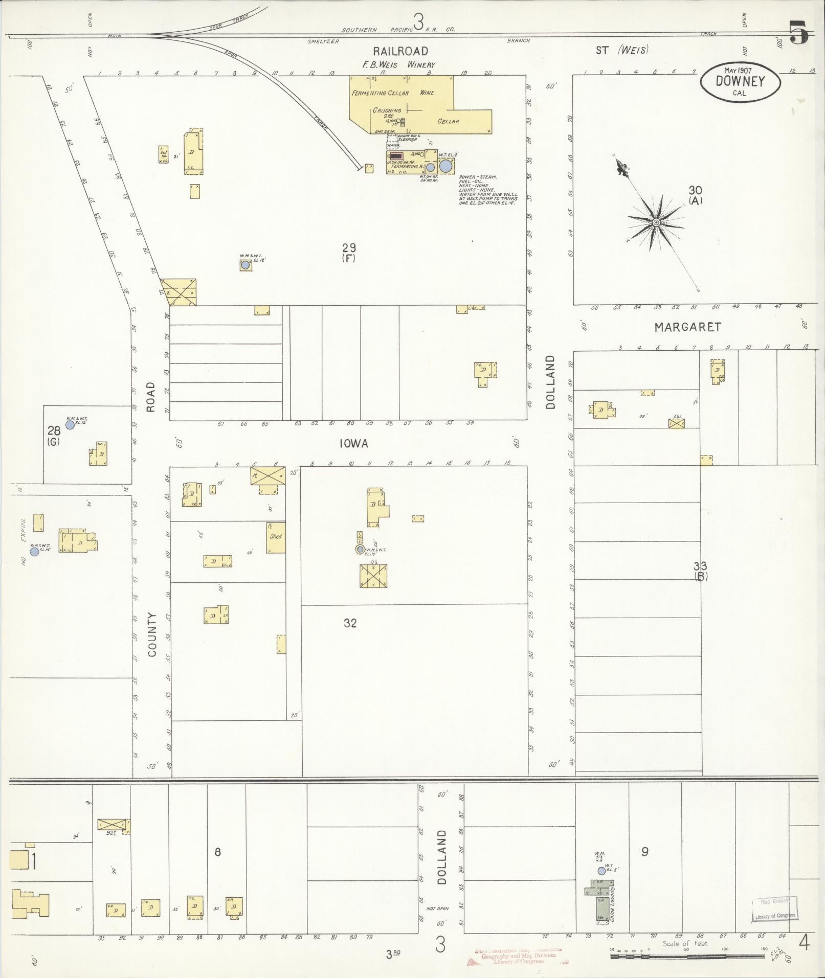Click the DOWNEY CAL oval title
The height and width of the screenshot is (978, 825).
pos(740,82)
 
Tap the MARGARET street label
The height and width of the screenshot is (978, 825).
pos(687,327)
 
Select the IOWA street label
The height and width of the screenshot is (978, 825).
pos(353,444)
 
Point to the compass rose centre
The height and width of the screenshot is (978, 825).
pos(655,222)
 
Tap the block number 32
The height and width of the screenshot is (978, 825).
pos(350,623)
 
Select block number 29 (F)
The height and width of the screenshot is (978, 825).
pos(349,252)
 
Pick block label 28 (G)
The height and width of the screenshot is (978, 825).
pos(53,436)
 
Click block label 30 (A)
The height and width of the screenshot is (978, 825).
pos(695,195)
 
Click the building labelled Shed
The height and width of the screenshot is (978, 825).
pos(276,537)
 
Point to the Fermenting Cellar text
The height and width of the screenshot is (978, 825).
pos(380,93)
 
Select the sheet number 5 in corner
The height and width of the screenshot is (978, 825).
pos(798,34)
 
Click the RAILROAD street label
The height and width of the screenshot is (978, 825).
pos(400,51)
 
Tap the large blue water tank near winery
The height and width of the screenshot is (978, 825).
pos(446,166)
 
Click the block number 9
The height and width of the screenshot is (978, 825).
pos(645,852)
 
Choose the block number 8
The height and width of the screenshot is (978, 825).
pos(217,852)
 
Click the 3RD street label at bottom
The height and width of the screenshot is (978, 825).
pos(392,953)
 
